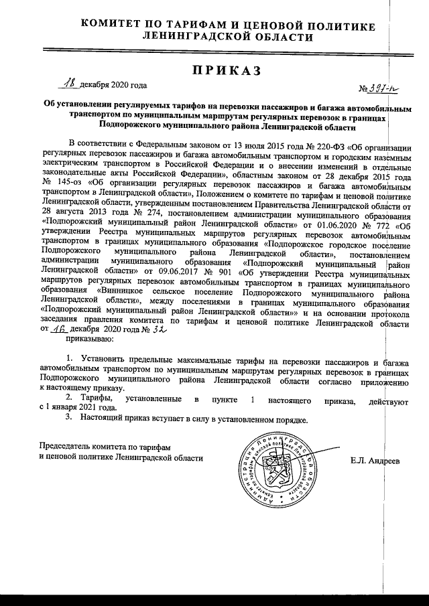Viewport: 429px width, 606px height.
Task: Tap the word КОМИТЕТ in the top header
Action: [x=115, y=25]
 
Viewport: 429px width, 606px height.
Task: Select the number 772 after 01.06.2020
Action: [x=384, y=226]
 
